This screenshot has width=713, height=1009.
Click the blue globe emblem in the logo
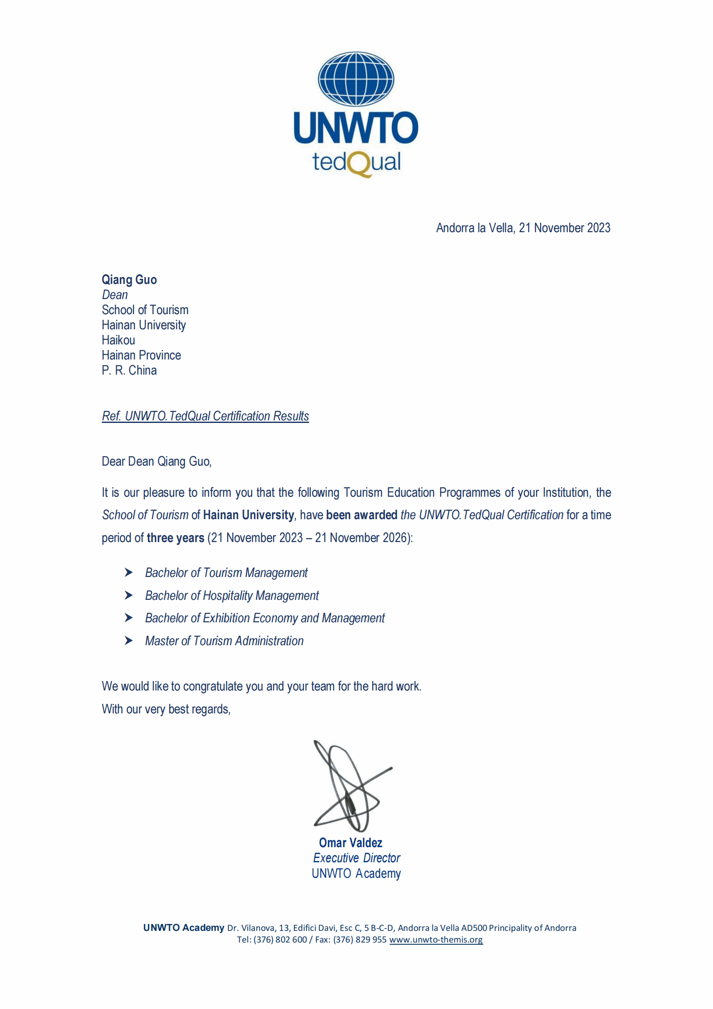pyautogui.click(x=356, y=79)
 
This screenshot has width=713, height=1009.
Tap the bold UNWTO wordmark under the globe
pyautogui.click(x=356, y=127)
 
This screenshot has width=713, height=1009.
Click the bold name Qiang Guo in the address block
pyautogui.click(x=129, y=280)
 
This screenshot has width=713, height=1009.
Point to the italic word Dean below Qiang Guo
pyautogui.click(x=115, y=295)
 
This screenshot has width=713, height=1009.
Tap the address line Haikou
pyautogui.click(x=118, y=340)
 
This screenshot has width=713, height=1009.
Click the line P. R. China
pyautogui.click(x=129, y=370)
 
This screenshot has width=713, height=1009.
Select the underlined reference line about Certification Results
pyautogui.click(x=205, y=416)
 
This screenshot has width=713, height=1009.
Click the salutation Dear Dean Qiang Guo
pyautogui.click(x=156, y=461)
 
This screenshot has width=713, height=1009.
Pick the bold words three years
pyautogui.click(x=175, y=538)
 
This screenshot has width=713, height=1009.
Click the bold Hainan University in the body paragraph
pyautogui.click(x=248, y=515)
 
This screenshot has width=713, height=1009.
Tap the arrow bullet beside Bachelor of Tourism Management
pyautogui.click(x=128, y=573)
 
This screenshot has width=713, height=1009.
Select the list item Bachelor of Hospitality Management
pyautogui.click(x=232, y=596)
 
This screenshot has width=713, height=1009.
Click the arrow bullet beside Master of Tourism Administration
pyautogui.click(x=128, y=641)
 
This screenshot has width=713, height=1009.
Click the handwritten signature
pyautogui.click(x=349, y=787)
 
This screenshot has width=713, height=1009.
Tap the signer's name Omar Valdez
pyautogui.click(x=350, y=843)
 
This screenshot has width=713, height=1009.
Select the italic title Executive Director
pyautogui.click(x=356, y=858)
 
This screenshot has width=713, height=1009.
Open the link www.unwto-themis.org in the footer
pyautogui.click(x=435, y=940)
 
